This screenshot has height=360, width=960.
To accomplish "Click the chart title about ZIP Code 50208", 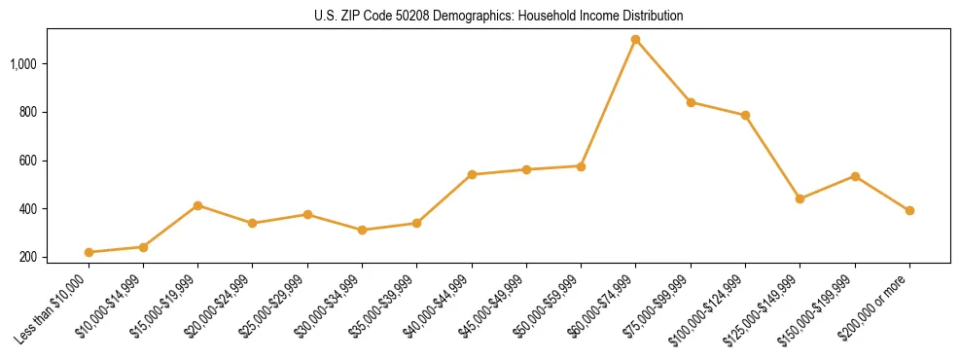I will pos(499,16).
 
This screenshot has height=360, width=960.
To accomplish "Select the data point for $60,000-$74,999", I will pos(636,40).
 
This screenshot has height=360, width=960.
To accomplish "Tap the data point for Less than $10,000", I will pos(89,252).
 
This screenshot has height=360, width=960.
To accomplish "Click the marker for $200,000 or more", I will pos(909,210).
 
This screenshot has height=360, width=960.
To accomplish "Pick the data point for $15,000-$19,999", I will pos(198,205).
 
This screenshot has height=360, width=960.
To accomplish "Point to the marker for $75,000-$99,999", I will pos(691,102).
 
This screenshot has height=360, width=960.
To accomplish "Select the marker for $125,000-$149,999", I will pos(800,198).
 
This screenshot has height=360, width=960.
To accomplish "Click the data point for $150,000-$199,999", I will pos(855,176).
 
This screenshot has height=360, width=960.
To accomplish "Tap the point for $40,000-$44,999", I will pos(472,175).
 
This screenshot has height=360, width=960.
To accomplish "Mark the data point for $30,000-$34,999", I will pos(363,231).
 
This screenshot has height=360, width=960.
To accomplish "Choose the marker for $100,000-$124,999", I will pos(745,115).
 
